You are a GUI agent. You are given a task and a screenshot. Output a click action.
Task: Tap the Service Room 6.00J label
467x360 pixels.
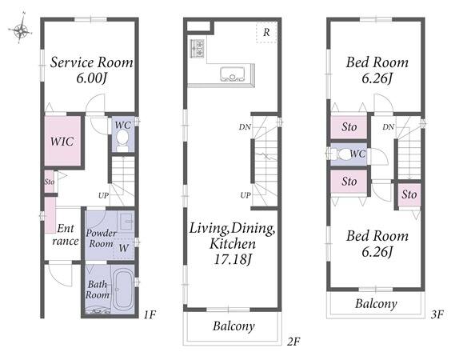pos(91,70)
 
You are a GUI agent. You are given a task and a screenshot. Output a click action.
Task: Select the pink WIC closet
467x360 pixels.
pos(62,141)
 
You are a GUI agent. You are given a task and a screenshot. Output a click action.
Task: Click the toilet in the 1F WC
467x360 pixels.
pos(122,141)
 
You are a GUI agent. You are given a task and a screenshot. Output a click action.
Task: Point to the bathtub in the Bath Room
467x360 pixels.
pos(123,289)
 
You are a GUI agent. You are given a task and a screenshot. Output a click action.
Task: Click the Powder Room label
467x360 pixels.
pos(102,238)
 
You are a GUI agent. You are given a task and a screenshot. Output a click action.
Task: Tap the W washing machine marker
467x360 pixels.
pos(124,248)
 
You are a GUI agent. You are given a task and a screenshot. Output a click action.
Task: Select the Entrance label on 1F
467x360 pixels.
pos(66,234)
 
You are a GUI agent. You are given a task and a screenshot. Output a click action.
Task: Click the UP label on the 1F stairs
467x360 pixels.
pos(103,195)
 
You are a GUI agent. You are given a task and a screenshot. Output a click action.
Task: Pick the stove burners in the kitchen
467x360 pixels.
pos(198,48)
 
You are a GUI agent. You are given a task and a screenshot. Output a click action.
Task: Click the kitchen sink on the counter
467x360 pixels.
pos(232,74)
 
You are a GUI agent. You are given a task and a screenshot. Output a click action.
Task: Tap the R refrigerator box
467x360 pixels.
pos(266,32)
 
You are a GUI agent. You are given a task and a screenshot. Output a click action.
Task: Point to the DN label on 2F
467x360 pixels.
pos(245,127)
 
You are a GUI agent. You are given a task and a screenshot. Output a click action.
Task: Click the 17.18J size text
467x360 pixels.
pos(233,259)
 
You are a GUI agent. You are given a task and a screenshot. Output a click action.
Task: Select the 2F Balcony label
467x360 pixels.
pos(233,326)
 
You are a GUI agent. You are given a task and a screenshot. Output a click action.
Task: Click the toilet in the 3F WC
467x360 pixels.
pos(341,154)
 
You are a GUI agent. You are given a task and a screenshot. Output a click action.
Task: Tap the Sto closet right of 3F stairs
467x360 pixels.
pos(409,194)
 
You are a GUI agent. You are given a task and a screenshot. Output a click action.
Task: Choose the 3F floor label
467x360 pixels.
pos(437,314)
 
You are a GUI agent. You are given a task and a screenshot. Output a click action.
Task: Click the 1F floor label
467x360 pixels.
pos(150,314)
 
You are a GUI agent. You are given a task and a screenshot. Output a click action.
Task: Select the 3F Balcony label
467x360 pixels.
pos(376,304)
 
